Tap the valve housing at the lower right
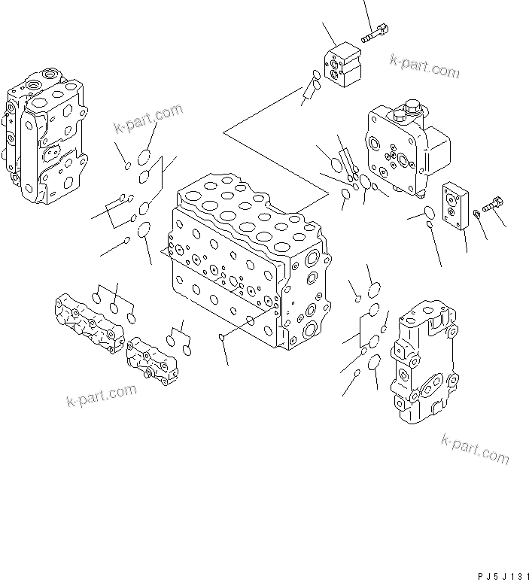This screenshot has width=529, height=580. (x=423, y=361)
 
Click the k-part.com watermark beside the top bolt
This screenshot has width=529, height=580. (x=424, y=66)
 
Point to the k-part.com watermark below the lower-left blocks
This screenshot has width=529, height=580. (x=101, y=394)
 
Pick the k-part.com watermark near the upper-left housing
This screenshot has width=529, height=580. (x=148, y=119)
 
